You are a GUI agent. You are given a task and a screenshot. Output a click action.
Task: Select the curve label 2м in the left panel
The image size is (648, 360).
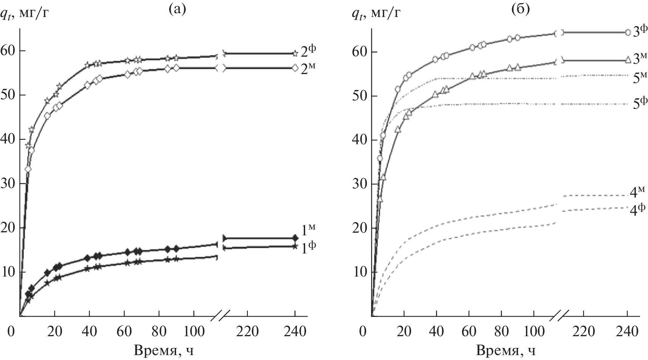[x=308, y=69]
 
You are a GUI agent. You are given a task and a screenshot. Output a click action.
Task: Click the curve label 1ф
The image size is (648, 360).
[x=308, y=247]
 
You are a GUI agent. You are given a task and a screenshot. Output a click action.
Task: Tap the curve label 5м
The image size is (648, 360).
[x=640, y=78]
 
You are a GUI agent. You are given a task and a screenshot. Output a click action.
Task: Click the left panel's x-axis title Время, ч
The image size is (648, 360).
[x=164, y=351]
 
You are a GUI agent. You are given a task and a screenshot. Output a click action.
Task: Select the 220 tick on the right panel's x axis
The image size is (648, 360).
[x=583, y=331]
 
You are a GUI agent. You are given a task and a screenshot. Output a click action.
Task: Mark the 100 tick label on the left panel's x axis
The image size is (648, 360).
[x=194, y=331]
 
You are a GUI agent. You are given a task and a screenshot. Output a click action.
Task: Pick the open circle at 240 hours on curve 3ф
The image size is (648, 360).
[x=628, y=32]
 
